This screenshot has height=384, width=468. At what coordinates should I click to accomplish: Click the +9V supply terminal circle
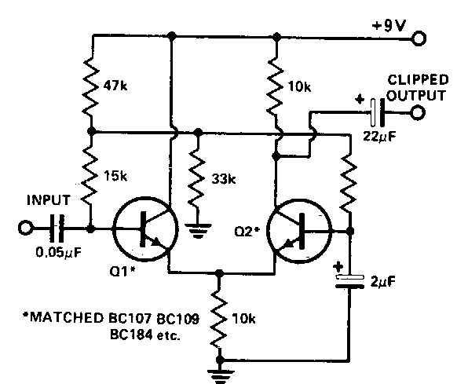point(419,38)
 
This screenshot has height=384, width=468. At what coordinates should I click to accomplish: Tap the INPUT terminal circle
point(25,229)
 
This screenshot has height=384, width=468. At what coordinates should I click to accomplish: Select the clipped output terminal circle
point(418,112)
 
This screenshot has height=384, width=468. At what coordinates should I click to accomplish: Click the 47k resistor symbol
point(91,86)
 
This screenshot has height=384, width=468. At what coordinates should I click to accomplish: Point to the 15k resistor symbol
point(90,177)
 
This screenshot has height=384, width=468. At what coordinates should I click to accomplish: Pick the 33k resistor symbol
point(197,177)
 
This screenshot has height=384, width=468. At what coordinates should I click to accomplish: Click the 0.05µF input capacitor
point(57,229)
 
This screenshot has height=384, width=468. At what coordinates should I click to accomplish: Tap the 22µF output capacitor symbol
point(377,113)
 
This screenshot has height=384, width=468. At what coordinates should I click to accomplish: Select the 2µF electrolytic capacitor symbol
point(349,282)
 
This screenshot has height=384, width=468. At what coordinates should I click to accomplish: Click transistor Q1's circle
point(145,229)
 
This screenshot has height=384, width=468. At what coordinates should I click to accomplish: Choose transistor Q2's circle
point(299,231)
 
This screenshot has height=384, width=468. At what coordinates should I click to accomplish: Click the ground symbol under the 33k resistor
point(197,231)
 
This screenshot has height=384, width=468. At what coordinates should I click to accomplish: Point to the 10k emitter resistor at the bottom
point(219,319)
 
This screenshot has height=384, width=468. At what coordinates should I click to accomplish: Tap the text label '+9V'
point(389,26)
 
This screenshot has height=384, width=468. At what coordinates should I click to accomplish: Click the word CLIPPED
point(418,80)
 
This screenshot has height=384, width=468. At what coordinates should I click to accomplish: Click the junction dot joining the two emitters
point(219,273)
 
